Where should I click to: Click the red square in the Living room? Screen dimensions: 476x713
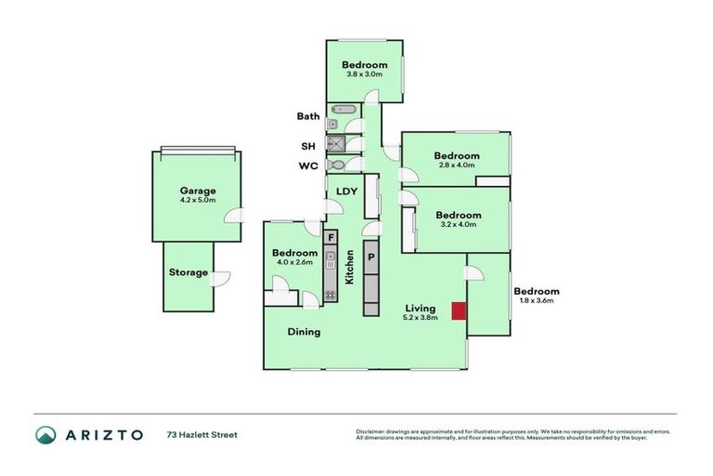pyautogui.click(x=458, y=311)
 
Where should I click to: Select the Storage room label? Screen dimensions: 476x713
pyautogui.click(x=188, y=272)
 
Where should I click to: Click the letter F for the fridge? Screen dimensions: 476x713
pyautogui.click(x=331, y=237)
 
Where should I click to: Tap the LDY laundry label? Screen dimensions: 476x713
pyautogui.click(x=346, y=192)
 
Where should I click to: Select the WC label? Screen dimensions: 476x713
pyautogui.click(x=308, y=165)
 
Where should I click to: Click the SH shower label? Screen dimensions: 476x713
pyautogui.click(x=308, y=146)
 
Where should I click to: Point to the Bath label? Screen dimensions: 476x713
pyautogui.click(x=308, y=117)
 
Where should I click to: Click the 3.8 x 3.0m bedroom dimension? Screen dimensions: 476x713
pyautogui.click(x=365, y=74)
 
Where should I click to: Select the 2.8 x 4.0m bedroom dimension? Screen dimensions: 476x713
pyautogui.click(x=457, y=165)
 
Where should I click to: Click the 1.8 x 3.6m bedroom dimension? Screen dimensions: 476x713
pyautogui.click(x=537, y=301)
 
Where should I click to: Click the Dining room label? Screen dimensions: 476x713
pyautogui.click(x=304, y=332)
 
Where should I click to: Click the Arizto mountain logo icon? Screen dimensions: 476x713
pyautogui.click(x=45, y=434)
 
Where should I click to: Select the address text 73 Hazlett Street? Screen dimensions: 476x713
pyautogui.click(x=202, y=434)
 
